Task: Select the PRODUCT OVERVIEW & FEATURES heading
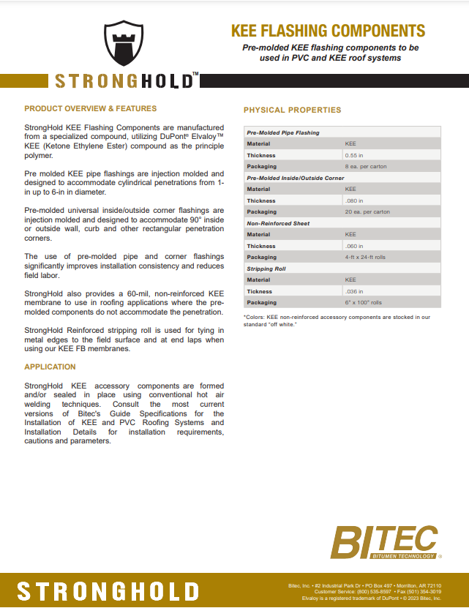(91, 108)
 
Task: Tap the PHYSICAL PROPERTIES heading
(292, 110)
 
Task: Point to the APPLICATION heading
(50, 367)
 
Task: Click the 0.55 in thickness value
(354, 155)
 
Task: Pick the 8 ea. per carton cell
(366, 166)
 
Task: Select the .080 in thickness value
(353, 200)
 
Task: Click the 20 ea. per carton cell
(367, 211)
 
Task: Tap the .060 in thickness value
(353, 246)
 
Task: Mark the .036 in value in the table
(353, 291)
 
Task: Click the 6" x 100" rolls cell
(364, 302)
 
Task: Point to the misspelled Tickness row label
(260, 291)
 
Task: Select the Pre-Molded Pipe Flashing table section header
(283, 132)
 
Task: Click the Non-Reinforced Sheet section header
(278, 223)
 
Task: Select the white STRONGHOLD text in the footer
(108, 591)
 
